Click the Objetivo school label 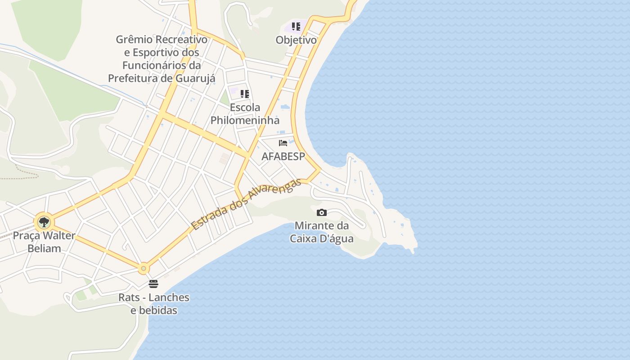click(x=296, y=40)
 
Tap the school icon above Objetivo click(x=296, y=27)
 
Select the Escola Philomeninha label click(x=245, y=114)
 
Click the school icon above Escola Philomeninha click(x=244, y=94)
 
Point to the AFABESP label click(x=283, y=157)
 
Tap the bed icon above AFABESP click(x=283, y=143)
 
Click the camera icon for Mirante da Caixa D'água click(x=322, y=212)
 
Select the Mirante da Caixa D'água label click(x=322, y=232)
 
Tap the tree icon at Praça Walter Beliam click(x=44, y=222)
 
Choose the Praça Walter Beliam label click(x=44, y=242)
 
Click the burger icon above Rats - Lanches click(x=153, y=284)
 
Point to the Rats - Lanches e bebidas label click(x=154, y=304)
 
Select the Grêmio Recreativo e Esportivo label click(x=162, y=58)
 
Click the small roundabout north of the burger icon click(x=144, y=269)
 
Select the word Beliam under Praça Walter click(x=44, y=248)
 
